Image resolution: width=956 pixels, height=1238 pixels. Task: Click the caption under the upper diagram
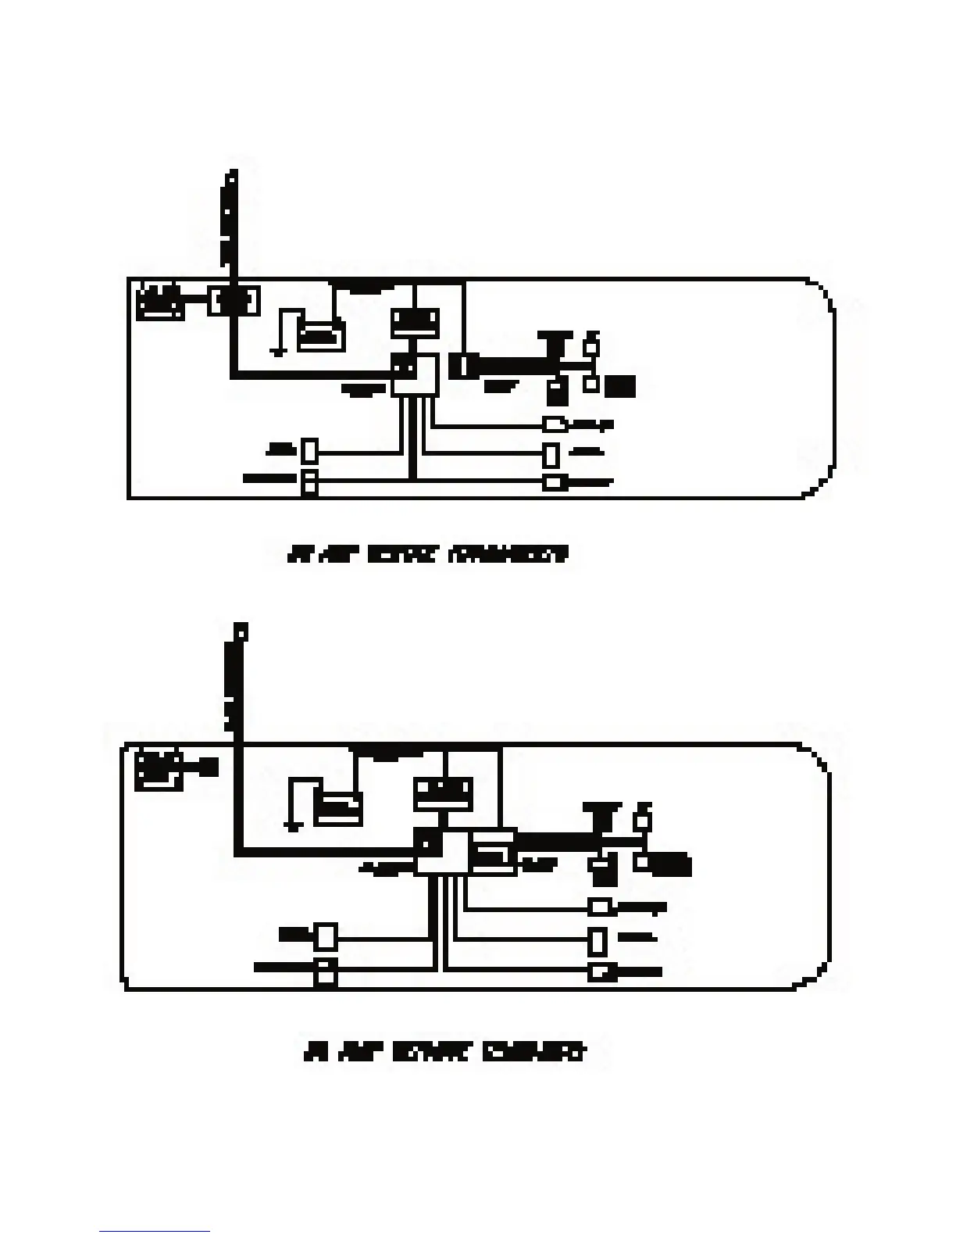(428, 556)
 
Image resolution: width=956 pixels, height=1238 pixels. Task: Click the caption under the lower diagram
(444, 1052)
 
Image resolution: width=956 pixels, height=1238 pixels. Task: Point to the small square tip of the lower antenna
(242, 630)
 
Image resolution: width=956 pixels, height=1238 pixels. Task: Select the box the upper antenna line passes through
(234, 301)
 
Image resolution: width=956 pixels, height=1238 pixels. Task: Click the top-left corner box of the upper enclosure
(160, 303)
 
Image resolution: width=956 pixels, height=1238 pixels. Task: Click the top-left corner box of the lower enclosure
(159, 770)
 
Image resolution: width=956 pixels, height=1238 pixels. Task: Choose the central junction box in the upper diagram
(416, 376)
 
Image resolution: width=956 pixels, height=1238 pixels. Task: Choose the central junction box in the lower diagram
(441, 852)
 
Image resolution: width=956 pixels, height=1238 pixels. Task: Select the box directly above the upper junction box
(415, 323)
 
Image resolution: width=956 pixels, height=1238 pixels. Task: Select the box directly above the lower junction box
(444, 793)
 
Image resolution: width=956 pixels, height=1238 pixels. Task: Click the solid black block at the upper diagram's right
(622, 386)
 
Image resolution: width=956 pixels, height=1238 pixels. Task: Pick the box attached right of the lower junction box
(492, 852)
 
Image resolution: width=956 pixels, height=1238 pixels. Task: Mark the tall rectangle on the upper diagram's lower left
(310, 450)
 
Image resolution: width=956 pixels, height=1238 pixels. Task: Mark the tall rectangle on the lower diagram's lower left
(326, 936)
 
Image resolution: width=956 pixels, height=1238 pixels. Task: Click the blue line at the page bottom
(154, 1232)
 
